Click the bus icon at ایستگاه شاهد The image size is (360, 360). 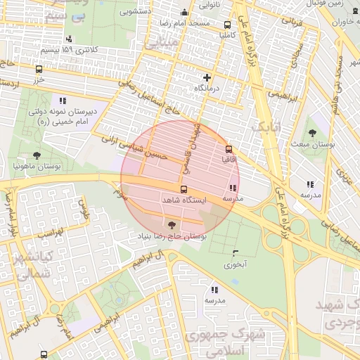tap(184, 190)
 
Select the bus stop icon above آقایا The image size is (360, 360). tap(229, 148)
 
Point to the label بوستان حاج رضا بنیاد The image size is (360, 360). tap(172, 236)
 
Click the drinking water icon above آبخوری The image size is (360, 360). tap(234, 253)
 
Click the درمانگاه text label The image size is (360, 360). tap(207, 89)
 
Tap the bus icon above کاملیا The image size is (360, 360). tap(227, 22)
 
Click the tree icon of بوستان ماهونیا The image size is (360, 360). tap(36, 155)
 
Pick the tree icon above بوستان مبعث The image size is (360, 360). tap(311, 132)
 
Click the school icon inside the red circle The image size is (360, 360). tap(232, 188)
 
